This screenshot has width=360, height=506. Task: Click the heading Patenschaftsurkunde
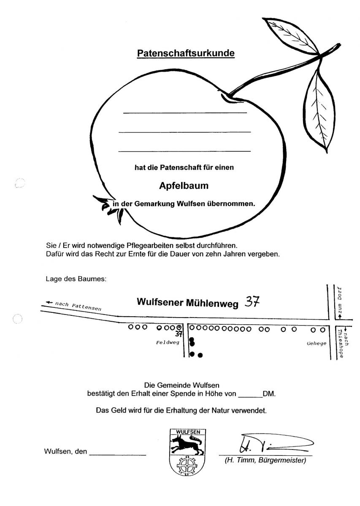186,54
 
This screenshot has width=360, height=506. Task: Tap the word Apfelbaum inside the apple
184,185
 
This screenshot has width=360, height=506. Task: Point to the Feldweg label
168,342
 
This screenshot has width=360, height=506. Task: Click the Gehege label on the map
317,343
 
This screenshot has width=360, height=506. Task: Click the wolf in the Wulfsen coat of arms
186,444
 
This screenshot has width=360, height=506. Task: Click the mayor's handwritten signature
270,443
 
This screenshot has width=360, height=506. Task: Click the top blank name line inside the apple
184,113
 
